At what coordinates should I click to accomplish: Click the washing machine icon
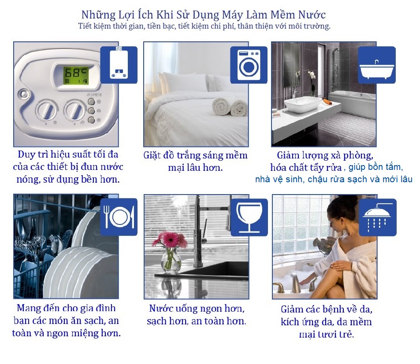(249, 65)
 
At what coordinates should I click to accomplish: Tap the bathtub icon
(377, 65)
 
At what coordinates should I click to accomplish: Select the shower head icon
(378, 217)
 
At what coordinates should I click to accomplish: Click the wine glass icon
(249, 217)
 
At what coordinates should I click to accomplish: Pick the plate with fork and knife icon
(119, 217)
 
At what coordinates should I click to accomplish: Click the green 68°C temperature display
(76, 76)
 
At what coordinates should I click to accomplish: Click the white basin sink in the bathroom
(303, 104)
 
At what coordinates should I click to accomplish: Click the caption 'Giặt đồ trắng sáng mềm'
(195, 155)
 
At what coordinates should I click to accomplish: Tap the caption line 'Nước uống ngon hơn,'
(197, 309)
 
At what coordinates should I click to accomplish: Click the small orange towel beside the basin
(327, 102)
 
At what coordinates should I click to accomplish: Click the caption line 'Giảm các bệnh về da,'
(327, 309)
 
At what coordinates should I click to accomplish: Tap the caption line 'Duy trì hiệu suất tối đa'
(68, 154)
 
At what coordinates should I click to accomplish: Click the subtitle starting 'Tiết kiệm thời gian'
(204, 26)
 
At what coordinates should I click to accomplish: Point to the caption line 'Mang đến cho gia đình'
(66, 308)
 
